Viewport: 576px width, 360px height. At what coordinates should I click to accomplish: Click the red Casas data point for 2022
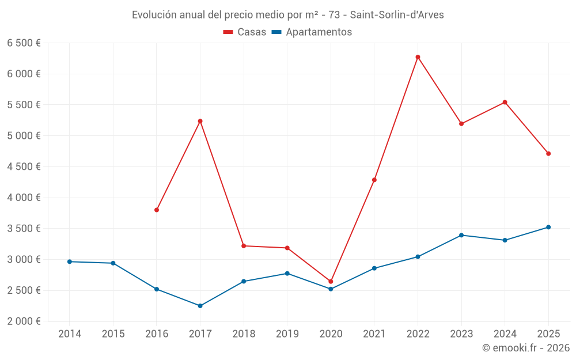click(418, 57)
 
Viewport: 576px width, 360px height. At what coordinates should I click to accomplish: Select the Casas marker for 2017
click(200, 121)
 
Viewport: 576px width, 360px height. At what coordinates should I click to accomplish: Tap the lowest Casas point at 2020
click(331, 282)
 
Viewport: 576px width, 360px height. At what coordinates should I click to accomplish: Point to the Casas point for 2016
click(157, 210)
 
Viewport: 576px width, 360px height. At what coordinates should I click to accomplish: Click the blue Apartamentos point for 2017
click(200, 306)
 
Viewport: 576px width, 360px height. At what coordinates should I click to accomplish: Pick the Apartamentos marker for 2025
click(548, 227)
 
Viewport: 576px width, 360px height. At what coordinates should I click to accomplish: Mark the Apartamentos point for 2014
click(70, 262)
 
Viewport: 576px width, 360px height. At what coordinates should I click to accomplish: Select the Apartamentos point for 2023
click(461, 235)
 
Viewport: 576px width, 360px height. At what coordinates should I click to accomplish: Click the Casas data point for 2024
click(505, 103)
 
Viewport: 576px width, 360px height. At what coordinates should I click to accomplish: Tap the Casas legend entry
click(245, 32)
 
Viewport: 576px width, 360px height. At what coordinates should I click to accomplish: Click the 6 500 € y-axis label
click(24, 43)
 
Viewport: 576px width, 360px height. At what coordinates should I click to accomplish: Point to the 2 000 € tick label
click(24, 321)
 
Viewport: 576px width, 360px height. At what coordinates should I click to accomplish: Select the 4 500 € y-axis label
click(24, 167)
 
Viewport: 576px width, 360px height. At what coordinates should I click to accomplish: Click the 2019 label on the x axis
click(287, 334)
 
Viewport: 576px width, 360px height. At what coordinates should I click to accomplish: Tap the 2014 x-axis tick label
click(70, 334)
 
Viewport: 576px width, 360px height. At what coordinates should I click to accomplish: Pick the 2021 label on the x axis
click(374, 334)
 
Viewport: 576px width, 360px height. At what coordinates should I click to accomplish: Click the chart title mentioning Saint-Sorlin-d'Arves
click(288, 15)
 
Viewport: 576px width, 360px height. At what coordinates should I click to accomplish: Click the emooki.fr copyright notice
click(525, 348)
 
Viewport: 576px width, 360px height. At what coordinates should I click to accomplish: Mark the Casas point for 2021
click(374, 180)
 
